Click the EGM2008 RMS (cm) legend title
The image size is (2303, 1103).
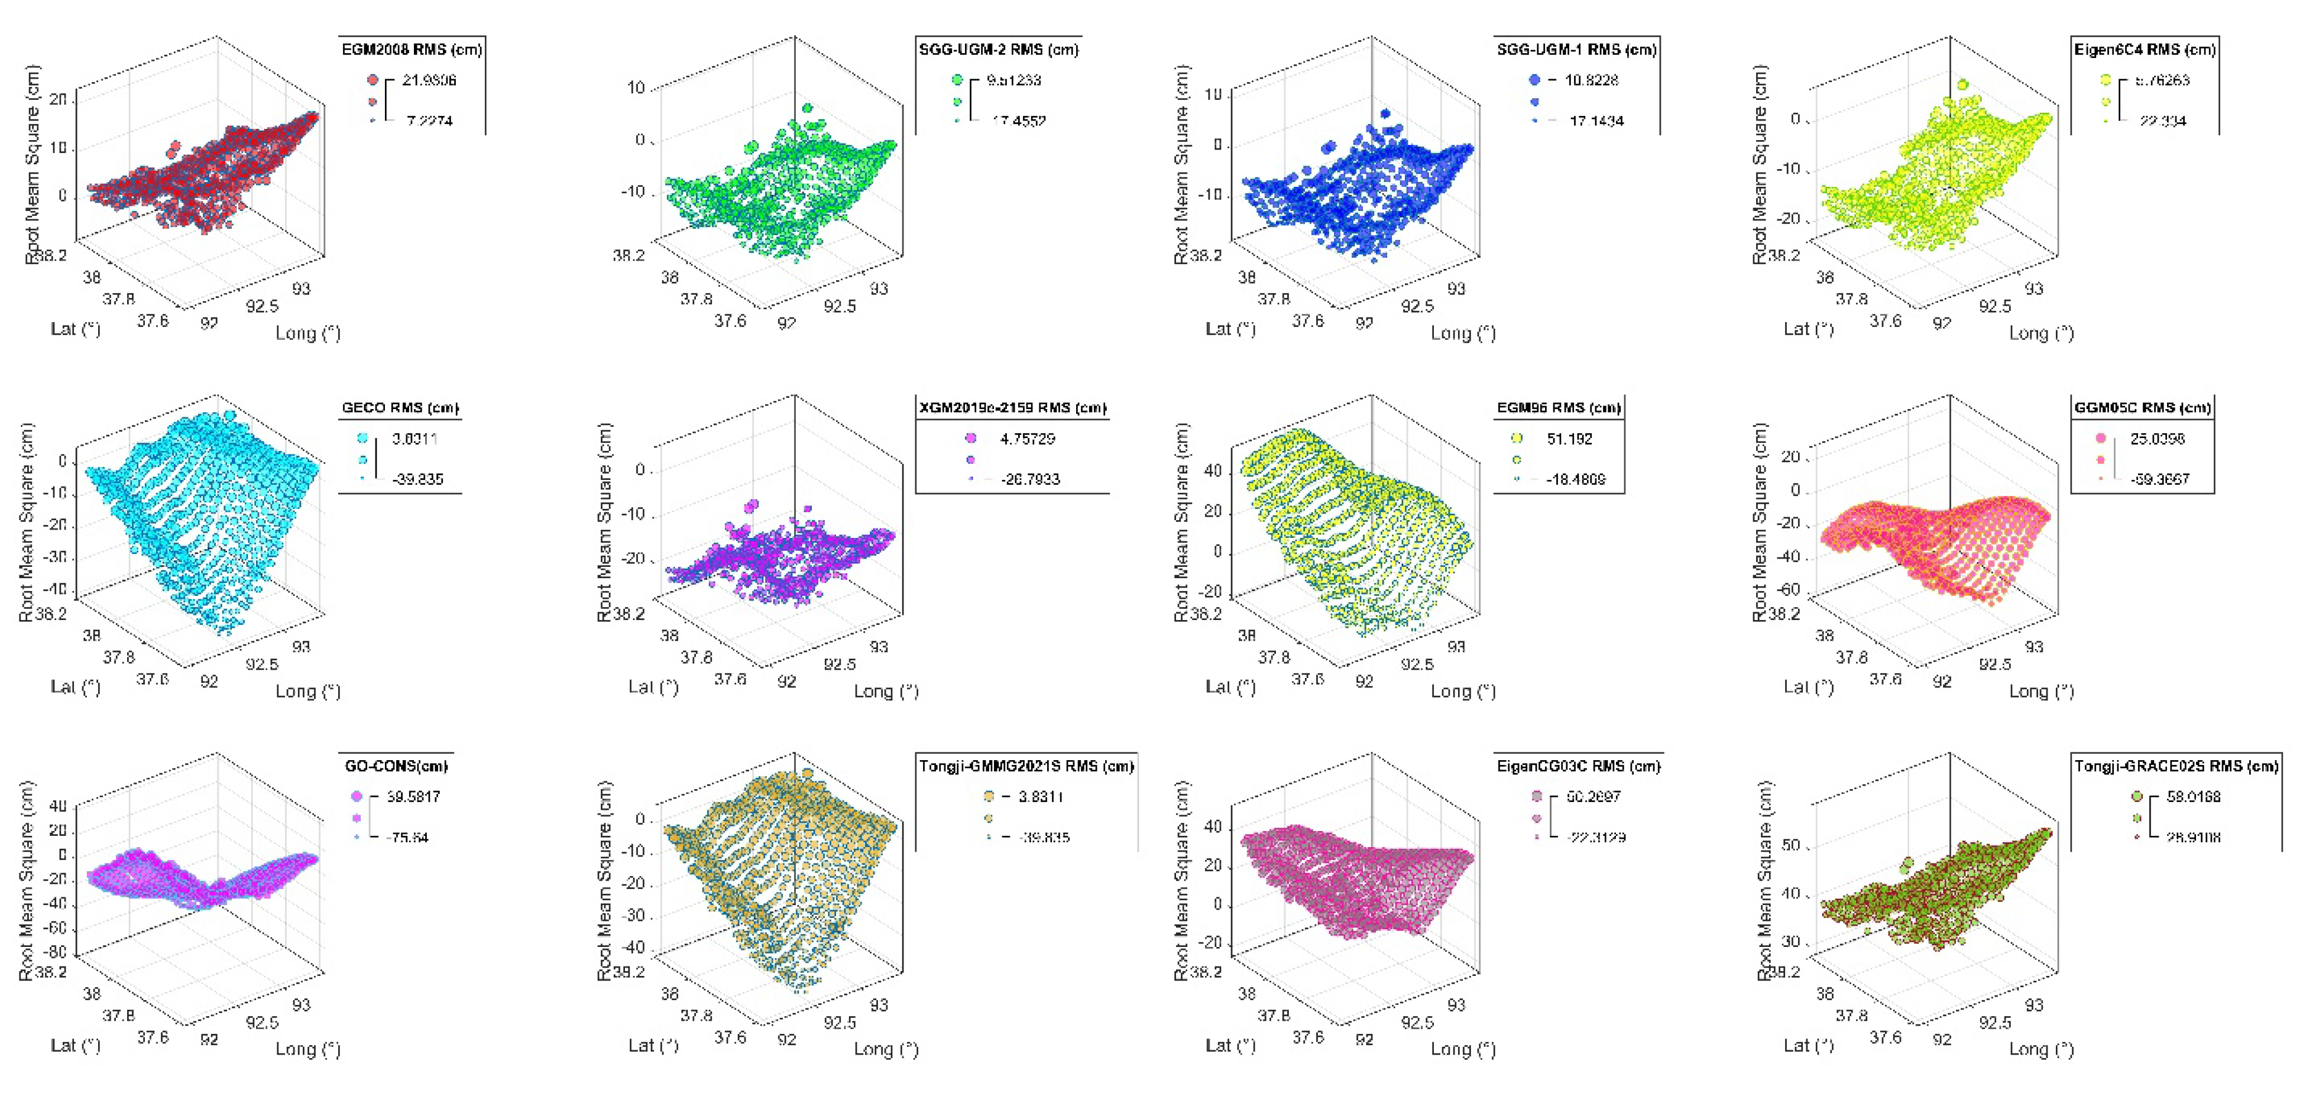(412, 49)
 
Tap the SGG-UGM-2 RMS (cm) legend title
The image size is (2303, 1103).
(999, 49)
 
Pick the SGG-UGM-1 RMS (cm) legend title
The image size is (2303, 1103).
(1576, 49)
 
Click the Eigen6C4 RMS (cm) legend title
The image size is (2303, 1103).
(2144, 49)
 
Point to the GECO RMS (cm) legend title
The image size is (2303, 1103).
(400, 408)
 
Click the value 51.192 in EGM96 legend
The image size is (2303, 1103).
(1569, 439)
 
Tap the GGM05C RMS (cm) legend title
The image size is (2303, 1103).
(2142, 408)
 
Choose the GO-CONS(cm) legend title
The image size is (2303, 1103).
(396, 766)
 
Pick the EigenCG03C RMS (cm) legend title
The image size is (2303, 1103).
(1578, 766)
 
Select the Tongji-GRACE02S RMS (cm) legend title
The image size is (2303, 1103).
(2176, 766)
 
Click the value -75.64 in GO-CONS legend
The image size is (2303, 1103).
(407, 838)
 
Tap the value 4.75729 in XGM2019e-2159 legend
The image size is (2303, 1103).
(1027, 439)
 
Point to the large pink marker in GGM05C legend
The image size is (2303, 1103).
(2100, 438)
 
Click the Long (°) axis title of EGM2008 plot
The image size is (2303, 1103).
(307, 333)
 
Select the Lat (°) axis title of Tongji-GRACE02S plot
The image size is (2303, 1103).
(1808, 1045)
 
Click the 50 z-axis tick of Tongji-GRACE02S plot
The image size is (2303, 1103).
(1791, 845)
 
